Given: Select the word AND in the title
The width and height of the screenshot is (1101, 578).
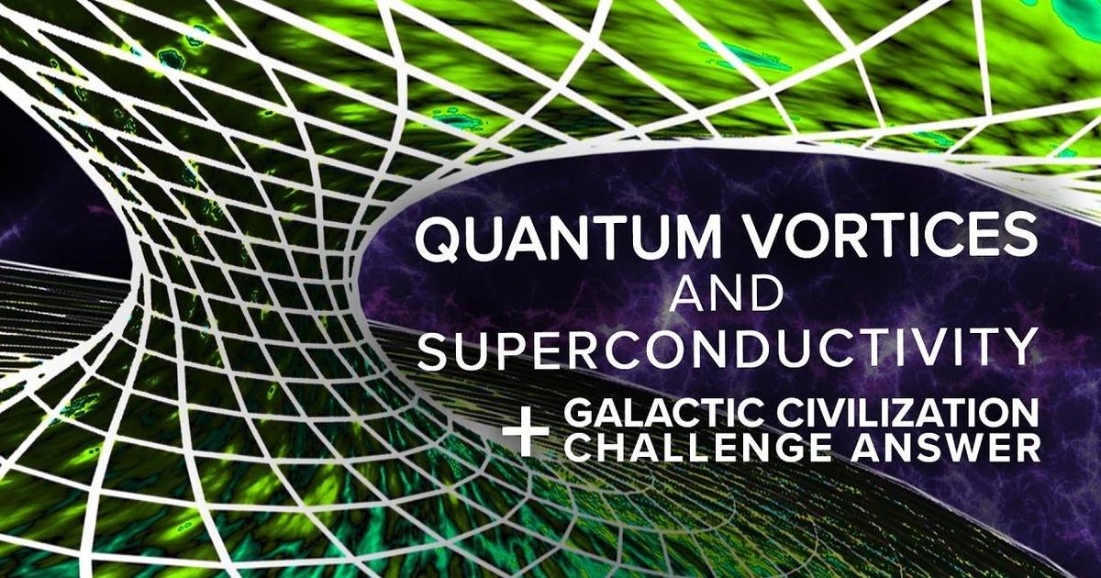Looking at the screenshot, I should click(x=727, y=295).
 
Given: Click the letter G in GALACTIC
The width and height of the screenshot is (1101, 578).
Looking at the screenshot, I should click(x=579, y=414).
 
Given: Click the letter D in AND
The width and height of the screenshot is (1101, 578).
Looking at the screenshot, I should click(x=762, y=295).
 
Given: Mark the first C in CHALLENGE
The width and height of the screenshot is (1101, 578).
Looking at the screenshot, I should click(x=580, y=449).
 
